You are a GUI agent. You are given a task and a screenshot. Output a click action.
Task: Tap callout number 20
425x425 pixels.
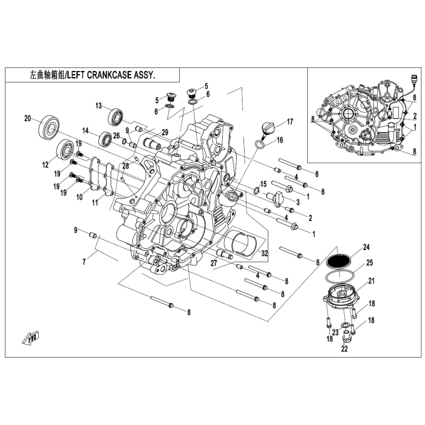(x=27, y=118)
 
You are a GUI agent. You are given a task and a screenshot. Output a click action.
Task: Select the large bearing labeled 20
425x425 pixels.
(x=49, y=127)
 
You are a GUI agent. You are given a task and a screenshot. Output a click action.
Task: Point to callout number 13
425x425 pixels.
(x=98, y=106)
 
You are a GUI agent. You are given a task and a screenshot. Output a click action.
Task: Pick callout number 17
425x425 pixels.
(x=290, y=121)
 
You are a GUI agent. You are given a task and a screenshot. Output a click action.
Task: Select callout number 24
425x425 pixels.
(x=365, y=247)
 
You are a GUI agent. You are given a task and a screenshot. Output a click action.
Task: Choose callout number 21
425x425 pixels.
(x=371, y=280)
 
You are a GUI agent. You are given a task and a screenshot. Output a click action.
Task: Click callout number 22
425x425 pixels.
(x=344, y=349)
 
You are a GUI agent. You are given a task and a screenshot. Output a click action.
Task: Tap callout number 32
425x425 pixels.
(x=265, y=253)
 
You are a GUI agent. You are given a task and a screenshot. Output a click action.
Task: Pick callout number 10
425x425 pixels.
(x=79, y=197)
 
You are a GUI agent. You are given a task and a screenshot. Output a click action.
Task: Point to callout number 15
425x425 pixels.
(x=263, y=184)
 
